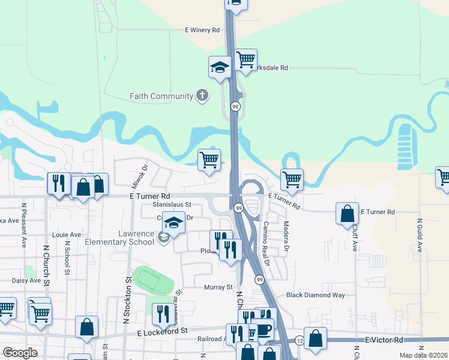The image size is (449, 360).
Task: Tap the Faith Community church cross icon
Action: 203,95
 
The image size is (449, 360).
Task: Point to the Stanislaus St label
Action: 168,205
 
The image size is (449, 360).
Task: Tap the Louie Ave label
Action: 66,235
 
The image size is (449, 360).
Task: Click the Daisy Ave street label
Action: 26,280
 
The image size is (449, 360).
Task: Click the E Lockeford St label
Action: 163,331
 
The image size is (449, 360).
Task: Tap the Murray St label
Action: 218,287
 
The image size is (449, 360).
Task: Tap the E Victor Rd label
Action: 384,340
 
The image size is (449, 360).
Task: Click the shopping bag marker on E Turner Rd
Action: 348,213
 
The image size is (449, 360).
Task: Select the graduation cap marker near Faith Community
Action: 220,66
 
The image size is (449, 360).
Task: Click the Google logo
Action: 20,353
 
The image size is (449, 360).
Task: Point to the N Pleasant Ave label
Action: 24,226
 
